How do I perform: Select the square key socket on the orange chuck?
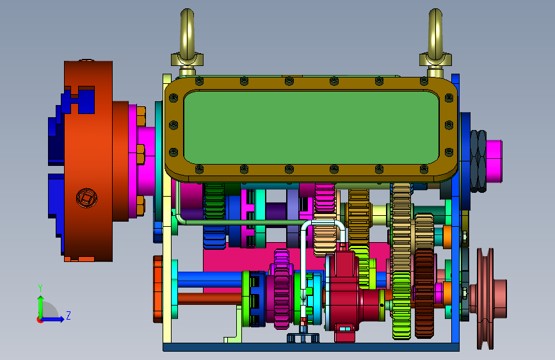86,198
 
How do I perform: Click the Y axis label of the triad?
40,288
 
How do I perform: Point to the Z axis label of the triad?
68,315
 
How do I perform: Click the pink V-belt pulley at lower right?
490,299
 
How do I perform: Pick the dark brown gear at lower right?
424,293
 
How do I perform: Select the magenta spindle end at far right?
494,161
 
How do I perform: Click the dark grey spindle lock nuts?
478,161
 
